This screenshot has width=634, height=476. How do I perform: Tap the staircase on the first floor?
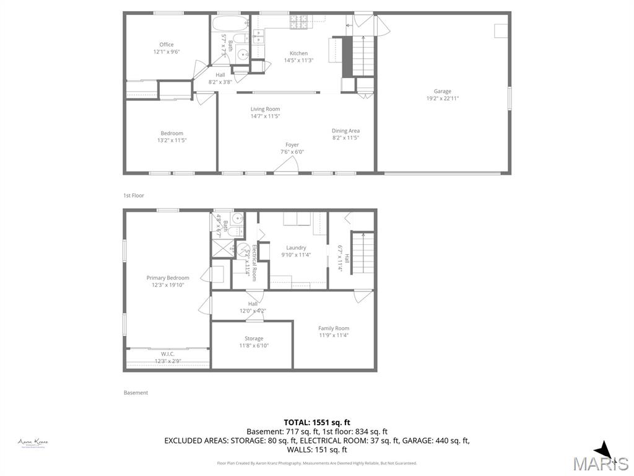click(363, 56)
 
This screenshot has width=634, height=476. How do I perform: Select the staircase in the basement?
click(363, 252)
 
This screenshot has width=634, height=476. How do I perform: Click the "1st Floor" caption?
click(133, 195)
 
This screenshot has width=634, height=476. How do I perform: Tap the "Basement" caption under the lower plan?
click(136, 392)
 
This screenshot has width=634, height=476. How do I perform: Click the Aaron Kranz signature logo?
click(33, 443)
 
